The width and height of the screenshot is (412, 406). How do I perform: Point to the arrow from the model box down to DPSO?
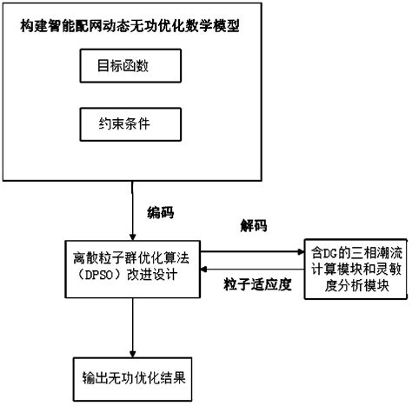click(x=130, y=209)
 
